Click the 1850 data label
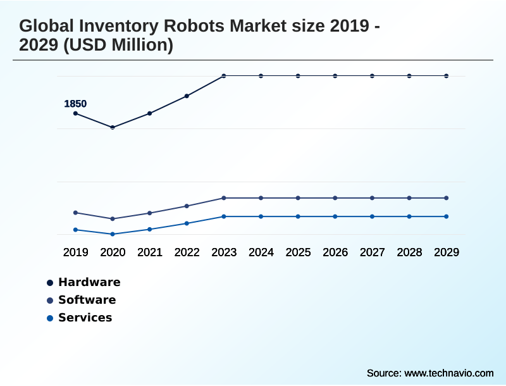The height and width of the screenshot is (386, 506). pyautogui.click(x=75, y=104)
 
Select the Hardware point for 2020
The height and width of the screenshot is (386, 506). pyautogui.click(x=113, y=127)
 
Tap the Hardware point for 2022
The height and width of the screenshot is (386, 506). pyautogui.click(x=187, y=96)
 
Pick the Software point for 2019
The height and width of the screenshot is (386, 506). pyautogui.click(x=75, y=213)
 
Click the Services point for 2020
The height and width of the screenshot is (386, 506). pyautogui.click(x=113, y=234)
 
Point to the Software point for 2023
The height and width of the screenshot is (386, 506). pyautogui.click(x=224, y=198)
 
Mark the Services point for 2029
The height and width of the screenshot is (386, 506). pyautogui.click(x=447, y=216)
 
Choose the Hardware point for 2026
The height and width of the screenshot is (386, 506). pyautogui.click(x=335, y=76)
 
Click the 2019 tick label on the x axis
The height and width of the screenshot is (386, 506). pyautogui.click(x=75, y=252)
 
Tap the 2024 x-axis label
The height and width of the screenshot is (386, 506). pyautogui.click(x=261, y=252)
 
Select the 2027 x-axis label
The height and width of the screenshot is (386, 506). pyautogui.click(x=372, y=252)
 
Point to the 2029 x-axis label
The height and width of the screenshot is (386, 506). pyautogui.click(x=447, y=252)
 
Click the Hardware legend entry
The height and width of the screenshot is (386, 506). pyautogui.click(x=89, y=282)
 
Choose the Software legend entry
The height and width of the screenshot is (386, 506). pyautogui.click(x=87, y=300)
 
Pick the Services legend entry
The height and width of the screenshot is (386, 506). pyautogui.click(x=85, y=318)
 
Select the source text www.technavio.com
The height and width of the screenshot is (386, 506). pyautogui.click(x=448, y=373)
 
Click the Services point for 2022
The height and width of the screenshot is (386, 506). pyautogui.click(x=187, y=223)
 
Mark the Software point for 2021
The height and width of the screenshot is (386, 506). pyautogui.click(x=150, y=213)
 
